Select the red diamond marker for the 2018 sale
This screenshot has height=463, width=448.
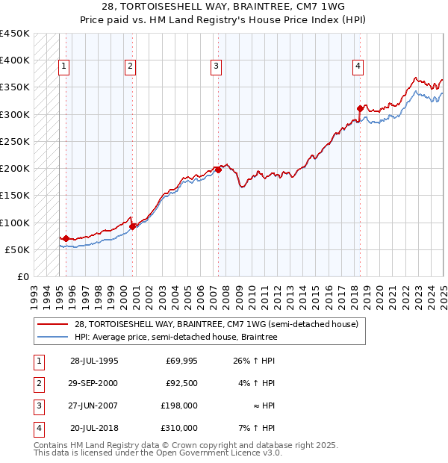360,108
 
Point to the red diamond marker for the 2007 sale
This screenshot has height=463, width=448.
219,170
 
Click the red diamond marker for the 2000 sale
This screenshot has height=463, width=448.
132,226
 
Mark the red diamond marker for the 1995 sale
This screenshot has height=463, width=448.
66,238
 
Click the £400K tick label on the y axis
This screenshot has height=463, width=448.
15,60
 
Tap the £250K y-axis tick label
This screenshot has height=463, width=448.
15,141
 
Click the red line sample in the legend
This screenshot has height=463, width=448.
53,325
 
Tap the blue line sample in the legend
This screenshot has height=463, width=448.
53,338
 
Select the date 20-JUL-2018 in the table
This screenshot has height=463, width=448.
95,428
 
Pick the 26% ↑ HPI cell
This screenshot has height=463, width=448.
255,361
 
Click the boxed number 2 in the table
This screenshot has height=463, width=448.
38,383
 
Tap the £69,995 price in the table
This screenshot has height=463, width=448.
181,361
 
